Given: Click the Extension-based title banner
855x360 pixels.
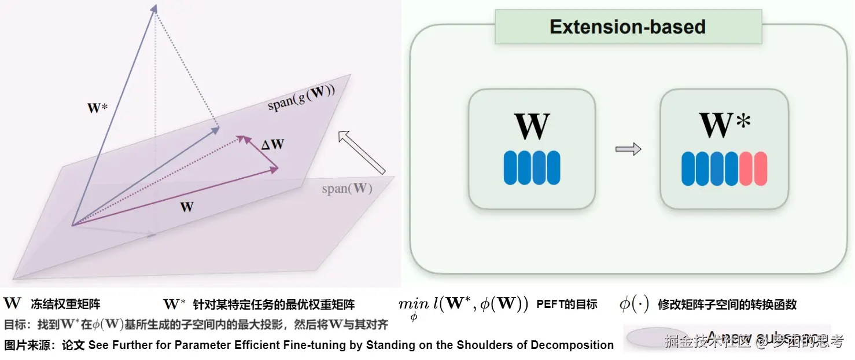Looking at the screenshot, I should point(628,27).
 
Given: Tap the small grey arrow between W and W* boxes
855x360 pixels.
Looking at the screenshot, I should point(628,149).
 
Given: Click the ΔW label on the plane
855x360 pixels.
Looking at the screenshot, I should point(272,145).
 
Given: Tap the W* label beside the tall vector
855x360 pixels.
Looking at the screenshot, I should point(98,108).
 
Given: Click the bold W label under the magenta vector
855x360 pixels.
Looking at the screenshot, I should point(186,207).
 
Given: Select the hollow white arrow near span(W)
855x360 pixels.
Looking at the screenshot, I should point(362,152).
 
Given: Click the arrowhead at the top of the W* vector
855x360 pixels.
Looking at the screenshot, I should point(154,8).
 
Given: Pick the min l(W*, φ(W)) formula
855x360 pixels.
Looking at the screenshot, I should point(463,305).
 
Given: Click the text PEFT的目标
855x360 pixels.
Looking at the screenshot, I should point(567,304).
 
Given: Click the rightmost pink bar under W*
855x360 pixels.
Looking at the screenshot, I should point(761,168).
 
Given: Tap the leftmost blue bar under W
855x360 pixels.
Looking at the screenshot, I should point(510,168).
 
